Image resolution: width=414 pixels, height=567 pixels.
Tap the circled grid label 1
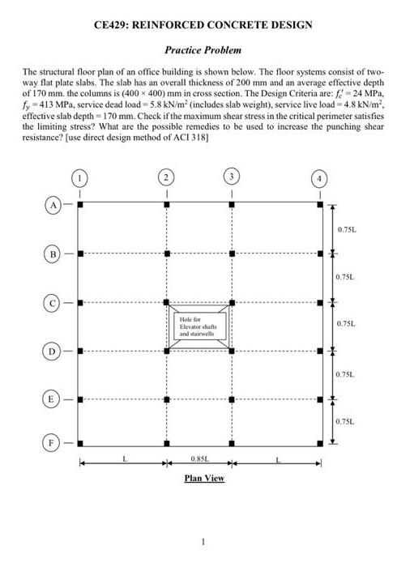tap(79, 176)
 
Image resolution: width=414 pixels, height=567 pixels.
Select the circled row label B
tap(50, 253)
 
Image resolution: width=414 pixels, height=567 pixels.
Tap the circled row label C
tap(50, 303)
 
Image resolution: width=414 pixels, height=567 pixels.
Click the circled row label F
tap(50, 444)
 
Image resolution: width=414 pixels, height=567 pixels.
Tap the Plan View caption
tap(204, 478)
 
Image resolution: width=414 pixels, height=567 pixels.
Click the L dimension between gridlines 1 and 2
tap(124, 458)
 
